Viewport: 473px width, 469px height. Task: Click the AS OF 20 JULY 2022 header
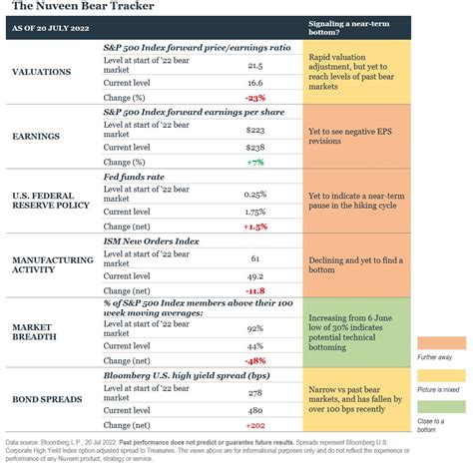click(x=52, y=29)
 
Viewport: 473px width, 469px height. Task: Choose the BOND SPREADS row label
click(x=47, y=399)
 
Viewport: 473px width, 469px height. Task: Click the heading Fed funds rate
click(x=136, y=177)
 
